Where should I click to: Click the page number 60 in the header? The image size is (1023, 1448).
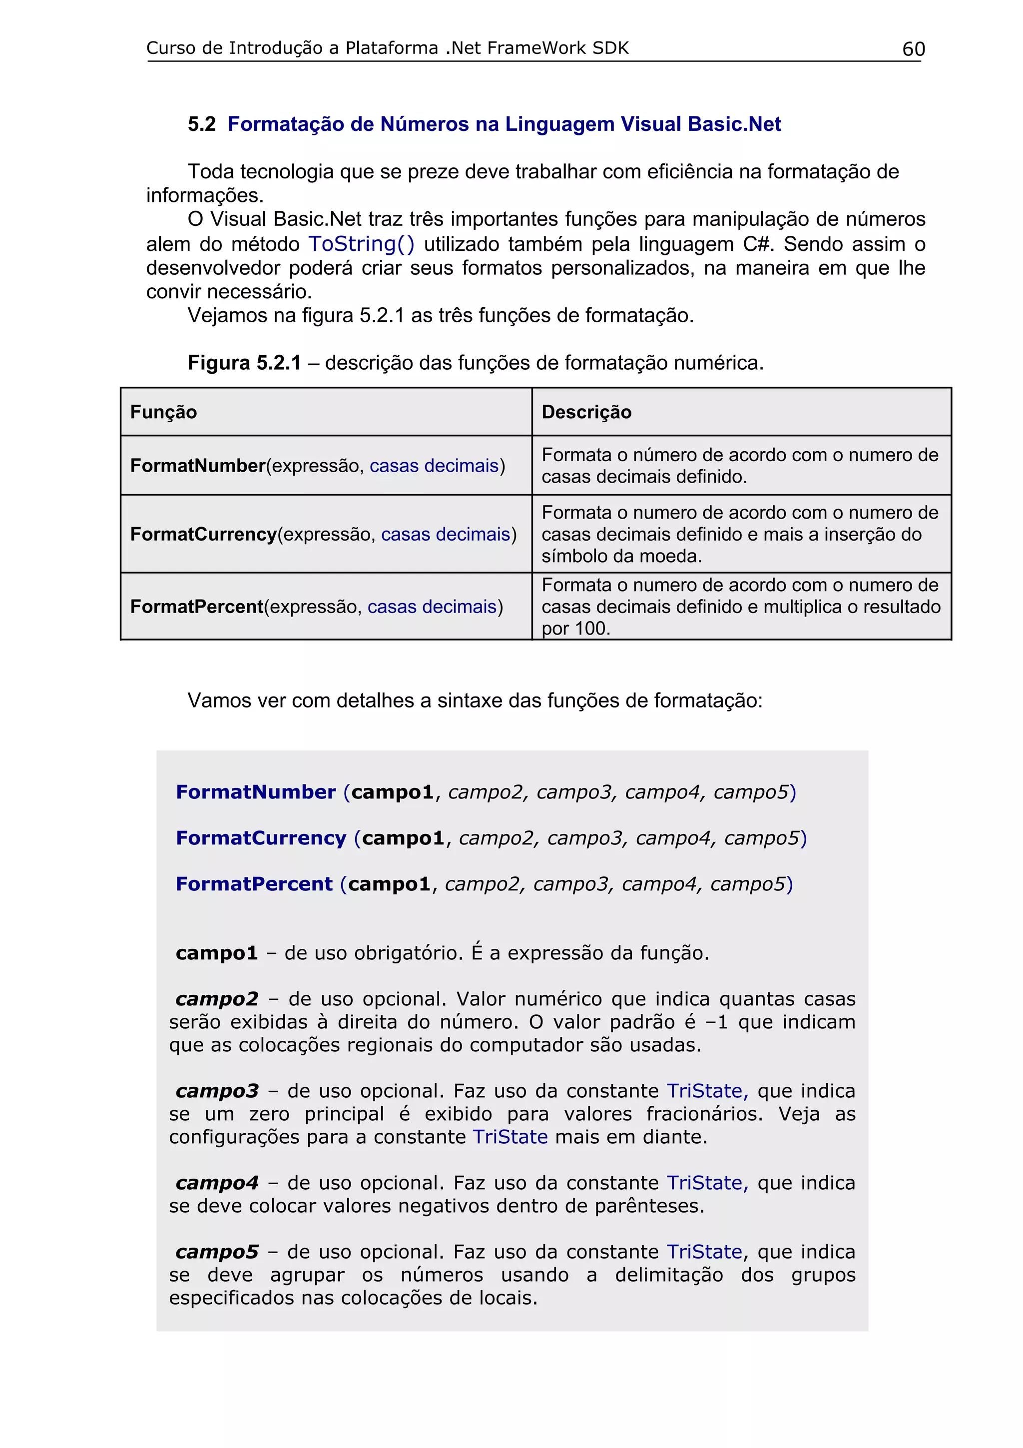(x=913, y=49)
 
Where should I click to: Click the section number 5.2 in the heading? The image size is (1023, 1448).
(x=202, y=124)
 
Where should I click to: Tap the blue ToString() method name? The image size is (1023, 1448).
(x=361, y=244)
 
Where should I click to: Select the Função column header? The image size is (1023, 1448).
(x=163, y=412)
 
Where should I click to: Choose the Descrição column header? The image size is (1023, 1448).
(x=586, y=412)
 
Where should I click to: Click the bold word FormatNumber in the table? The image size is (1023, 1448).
(x=197, y=466)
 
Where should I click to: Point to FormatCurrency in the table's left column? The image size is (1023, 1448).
(x=203, y=534)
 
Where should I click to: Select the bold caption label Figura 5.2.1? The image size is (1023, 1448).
(x=244, y=363)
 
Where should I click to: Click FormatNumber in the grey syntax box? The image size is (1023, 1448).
(x=255, y=792)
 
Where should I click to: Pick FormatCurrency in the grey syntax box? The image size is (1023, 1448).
(x=261, y=838)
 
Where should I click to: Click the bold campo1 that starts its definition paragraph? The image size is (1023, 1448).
(x=217, y=953)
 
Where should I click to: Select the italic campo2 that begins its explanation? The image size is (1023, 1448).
(x=217, y=999)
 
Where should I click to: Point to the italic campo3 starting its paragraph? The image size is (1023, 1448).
(x=217, y=1091)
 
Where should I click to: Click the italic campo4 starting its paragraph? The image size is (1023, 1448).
(x=217, y=1183)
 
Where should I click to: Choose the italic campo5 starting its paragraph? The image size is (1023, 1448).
(x=217, y=1252)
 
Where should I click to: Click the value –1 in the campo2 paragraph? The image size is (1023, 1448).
(x=716, y=1022)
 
